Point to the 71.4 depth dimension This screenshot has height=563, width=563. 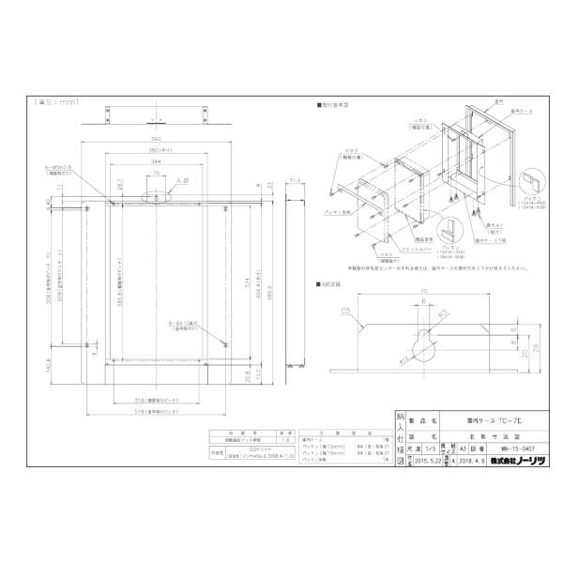click(293, 177)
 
